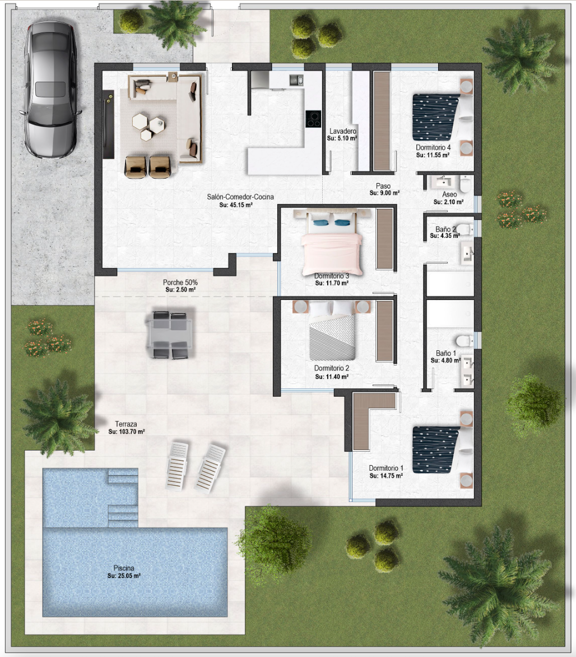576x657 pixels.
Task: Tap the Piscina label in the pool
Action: [124, 568]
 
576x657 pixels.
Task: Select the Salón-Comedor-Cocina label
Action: [240, 197]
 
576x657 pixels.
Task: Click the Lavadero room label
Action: [342, 131]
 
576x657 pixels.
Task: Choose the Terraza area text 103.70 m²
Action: [127, 431]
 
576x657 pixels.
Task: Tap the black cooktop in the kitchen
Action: [313, 119]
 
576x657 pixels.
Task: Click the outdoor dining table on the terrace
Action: [170, 335]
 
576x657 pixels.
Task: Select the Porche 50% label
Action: [180, 283]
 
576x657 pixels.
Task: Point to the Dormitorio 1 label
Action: [386, 468]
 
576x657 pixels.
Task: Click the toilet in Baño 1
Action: [463, 340]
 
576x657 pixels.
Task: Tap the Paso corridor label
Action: [383, 186]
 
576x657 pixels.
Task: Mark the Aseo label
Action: [449, 194]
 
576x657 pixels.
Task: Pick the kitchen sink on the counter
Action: [296, 79]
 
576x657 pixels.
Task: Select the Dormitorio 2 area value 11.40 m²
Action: [331, 377]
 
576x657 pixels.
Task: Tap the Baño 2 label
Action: [445, 229]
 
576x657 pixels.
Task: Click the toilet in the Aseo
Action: [465, 184]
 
